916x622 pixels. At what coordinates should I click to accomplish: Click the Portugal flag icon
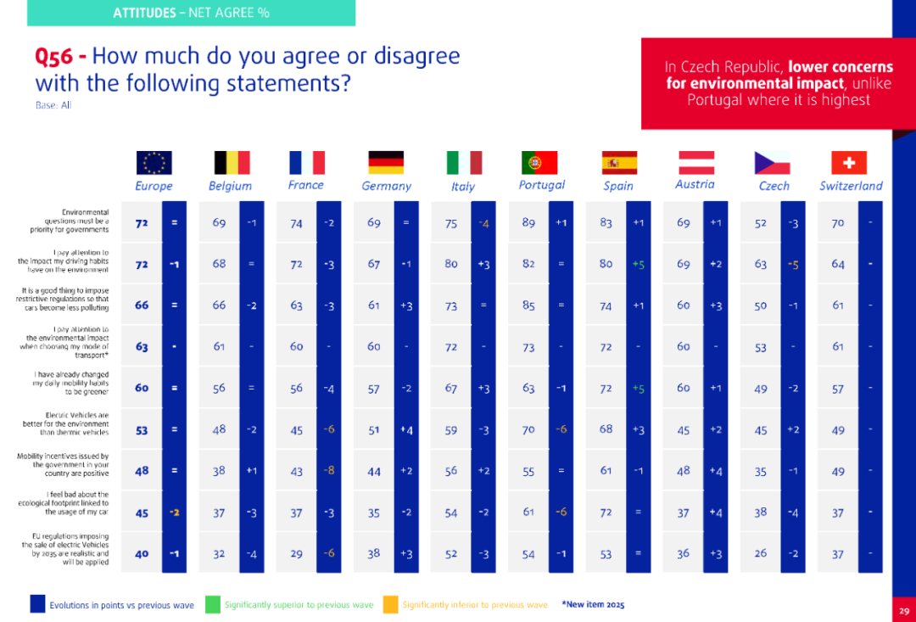539,162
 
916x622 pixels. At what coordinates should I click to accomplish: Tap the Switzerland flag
849,162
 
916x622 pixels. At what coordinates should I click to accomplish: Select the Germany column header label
386,186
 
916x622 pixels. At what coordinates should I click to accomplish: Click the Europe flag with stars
154,162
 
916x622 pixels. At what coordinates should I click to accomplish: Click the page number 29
904,610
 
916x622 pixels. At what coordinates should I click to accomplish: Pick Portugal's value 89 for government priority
528,222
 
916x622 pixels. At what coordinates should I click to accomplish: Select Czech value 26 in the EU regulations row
761,553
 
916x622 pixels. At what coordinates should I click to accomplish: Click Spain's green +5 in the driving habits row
638,264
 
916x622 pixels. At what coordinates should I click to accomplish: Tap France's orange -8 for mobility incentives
328,470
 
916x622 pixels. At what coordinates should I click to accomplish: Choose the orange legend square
389,604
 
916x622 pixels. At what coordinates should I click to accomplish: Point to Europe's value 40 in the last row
142,553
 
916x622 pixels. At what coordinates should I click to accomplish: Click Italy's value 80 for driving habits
451,264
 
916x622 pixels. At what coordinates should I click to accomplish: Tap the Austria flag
695,162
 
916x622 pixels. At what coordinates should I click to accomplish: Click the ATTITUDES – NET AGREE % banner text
191,13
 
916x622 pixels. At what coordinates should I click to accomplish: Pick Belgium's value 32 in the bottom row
219,553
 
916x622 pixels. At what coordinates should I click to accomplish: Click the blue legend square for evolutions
37,604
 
